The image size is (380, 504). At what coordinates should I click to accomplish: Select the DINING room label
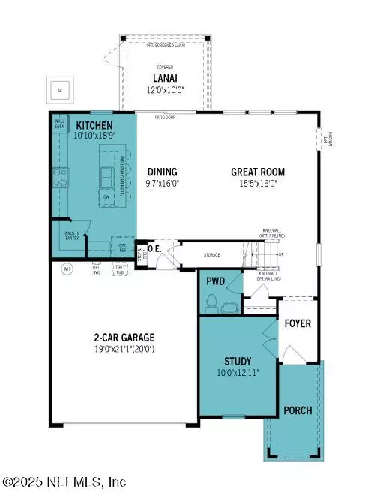(x=163, y=172)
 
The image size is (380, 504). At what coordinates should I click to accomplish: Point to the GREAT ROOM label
(x=257, y=172)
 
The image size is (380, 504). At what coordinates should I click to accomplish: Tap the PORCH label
(x=297, y=410)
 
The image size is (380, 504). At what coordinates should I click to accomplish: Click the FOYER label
(x=298, y=324)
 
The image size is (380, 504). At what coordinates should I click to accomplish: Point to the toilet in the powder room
(x=212, y=302)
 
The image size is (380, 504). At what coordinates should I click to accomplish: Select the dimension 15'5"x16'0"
(x=257, y=183)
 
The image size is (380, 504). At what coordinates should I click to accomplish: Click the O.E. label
(x=155, y=248)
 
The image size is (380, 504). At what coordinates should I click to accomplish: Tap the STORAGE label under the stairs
(x=211, y=255)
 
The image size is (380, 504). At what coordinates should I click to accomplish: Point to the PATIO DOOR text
(x=165, y=117)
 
